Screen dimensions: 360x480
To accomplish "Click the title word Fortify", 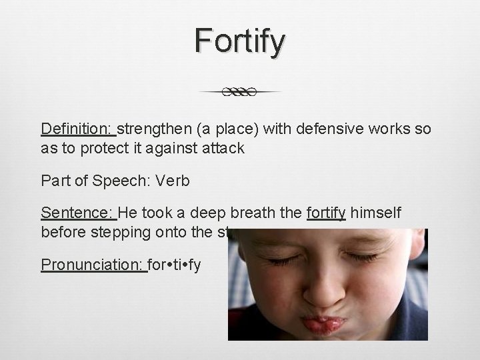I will (240, 41).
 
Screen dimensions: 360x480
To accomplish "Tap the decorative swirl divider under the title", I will (240, 92).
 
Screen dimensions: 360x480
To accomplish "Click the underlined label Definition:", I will (78, 129).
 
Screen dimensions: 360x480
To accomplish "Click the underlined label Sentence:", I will (78, 213).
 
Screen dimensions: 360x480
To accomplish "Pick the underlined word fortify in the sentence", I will (326, 213).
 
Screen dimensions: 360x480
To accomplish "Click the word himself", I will (377, 213).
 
